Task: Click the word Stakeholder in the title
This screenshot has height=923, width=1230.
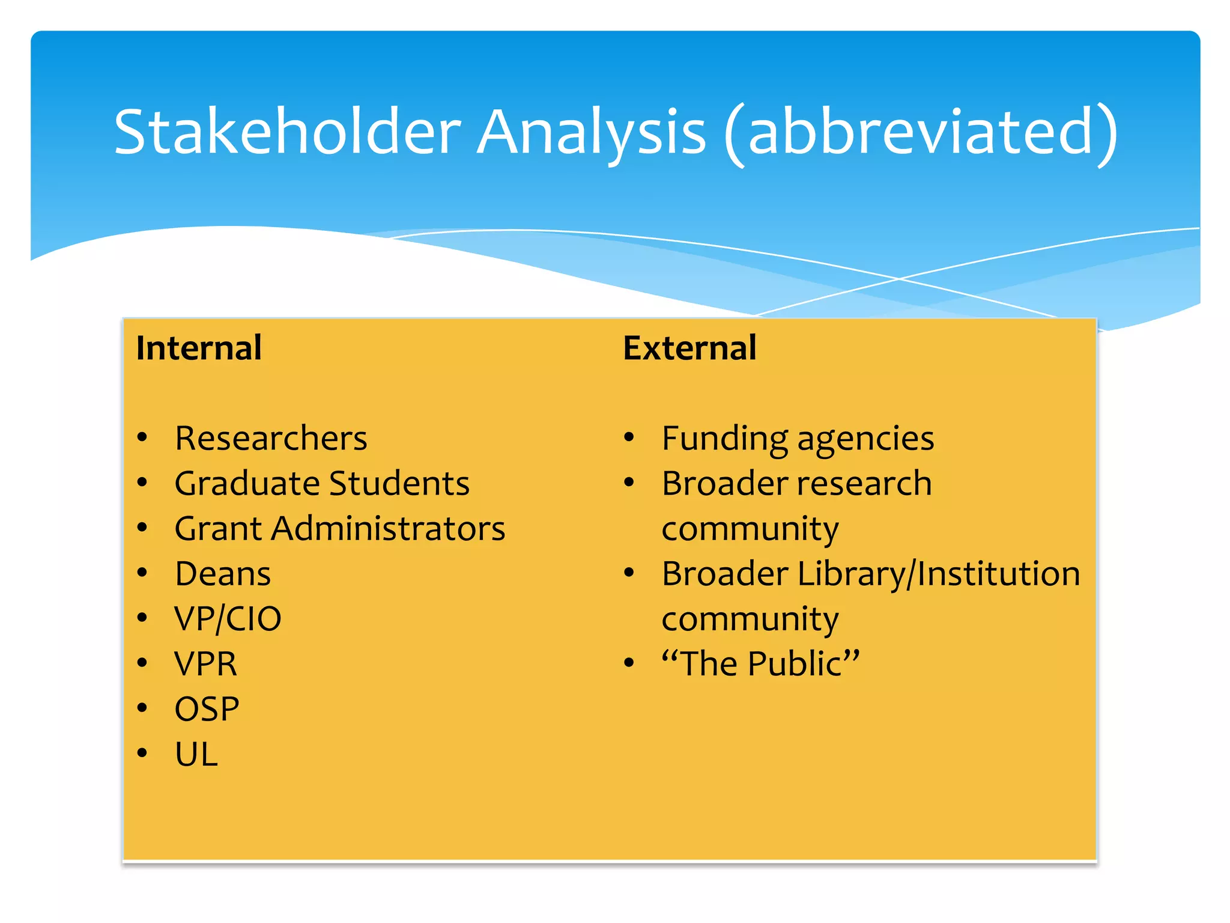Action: [x=287, y=132]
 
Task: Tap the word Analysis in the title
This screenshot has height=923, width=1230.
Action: [x=591, y=132]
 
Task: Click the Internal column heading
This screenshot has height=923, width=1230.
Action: [x=199, y=348]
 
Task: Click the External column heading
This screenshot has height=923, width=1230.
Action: [x=689, y=348]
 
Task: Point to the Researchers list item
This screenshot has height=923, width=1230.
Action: [x=271, y=438]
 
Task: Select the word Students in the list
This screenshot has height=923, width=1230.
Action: [x=399, y=483]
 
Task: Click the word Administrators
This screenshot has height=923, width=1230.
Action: [x=388, y=529]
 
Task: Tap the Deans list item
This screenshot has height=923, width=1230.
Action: [x=223, y=574]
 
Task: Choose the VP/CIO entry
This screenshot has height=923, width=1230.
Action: [x=228, y=619]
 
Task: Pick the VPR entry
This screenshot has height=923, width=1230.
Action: [x=205, y=664]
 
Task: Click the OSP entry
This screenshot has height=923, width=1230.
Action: [x=207, y=709]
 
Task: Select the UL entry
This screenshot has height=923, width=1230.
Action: [x=196, y=754]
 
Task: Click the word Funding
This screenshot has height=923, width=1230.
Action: [x=724, y=438]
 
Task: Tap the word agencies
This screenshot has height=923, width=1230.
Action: [x=865, y=439]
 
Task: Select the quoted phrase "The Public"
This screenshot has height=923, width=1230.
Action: [x=760, y=664]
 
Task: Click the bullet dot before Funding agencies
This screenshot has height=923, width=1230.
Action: [x=628, y=437]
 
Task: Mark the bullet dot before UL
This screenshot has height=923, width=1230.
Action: [x=142, y=753]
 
